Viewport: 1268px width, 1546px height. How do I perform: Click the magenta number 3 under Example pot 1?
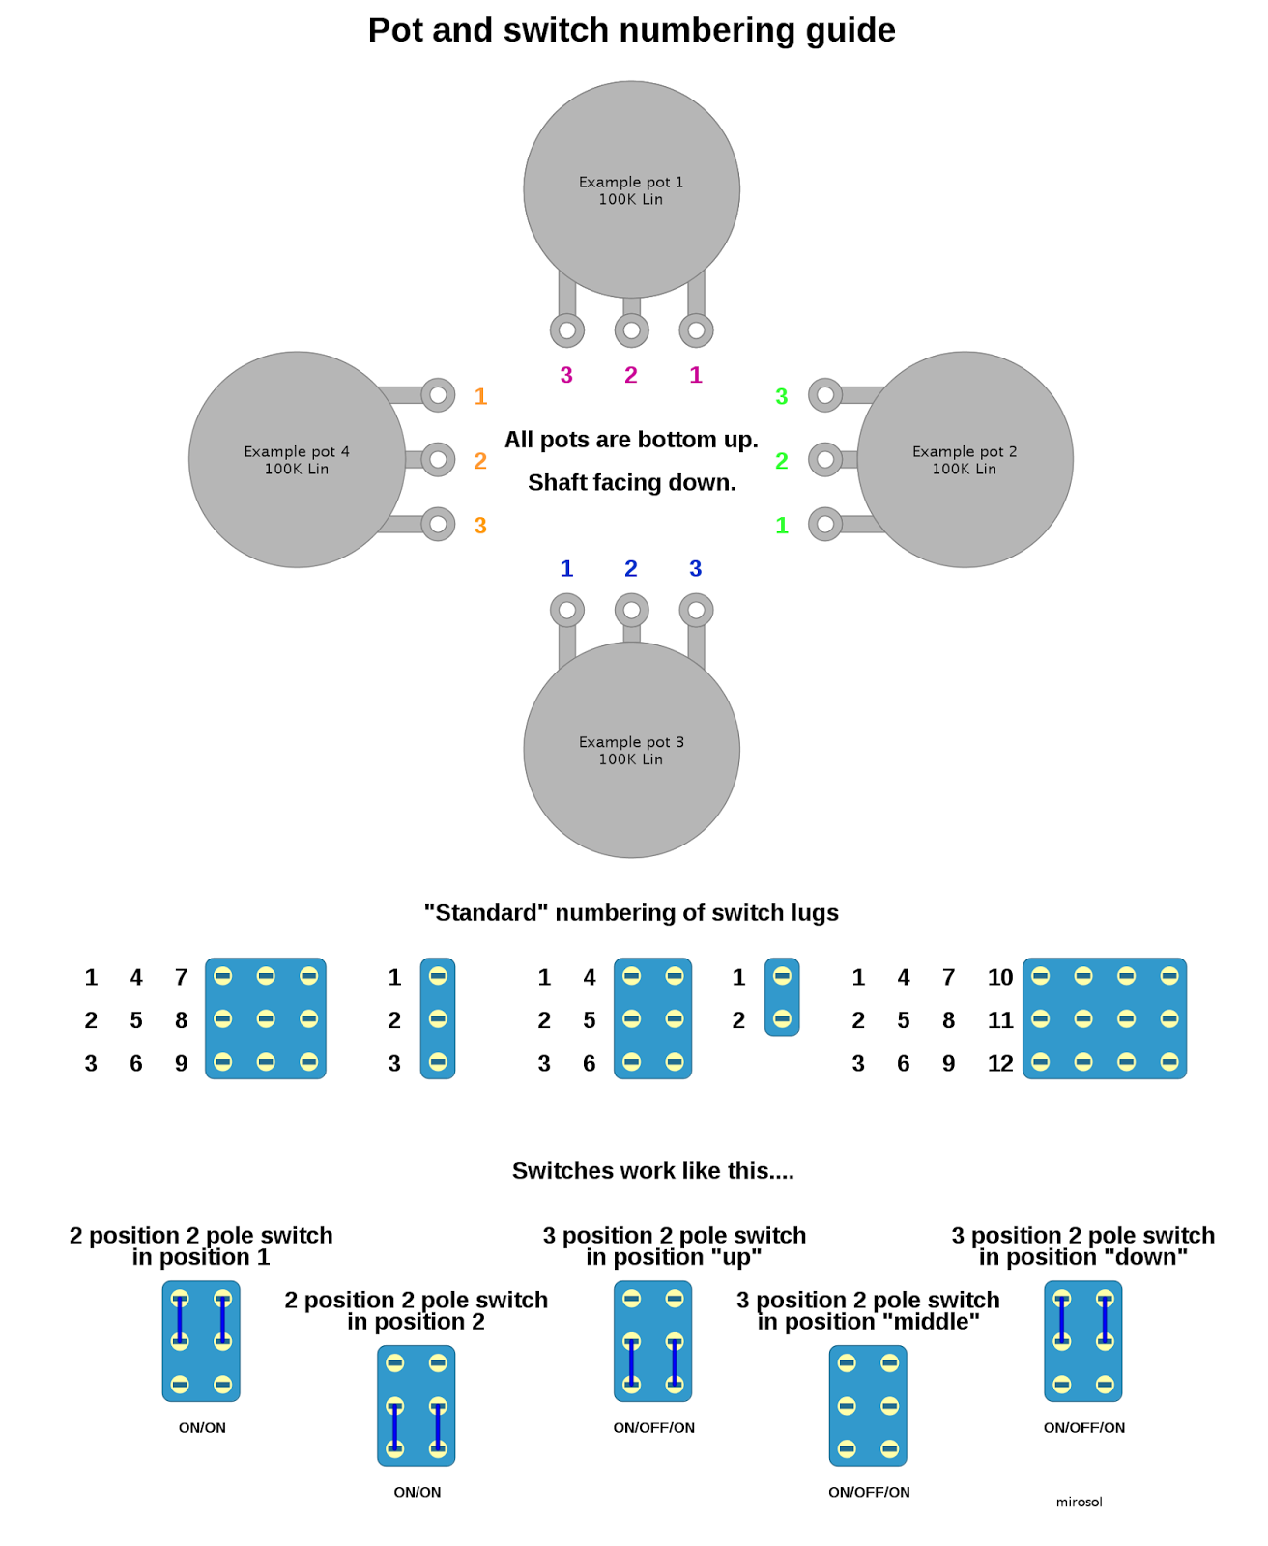coord(566,375)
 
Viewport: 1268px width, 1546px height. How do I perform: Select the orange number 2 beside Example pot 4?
coord(480,461)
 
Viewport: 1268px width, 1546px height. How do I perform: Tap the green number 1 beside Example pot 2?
coord(782,526)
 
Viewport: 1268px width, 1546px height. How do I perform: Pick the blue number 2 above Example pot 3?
coord(631,568)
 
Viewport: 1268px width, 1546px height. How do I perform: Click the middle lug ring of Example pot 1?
coord(631,330)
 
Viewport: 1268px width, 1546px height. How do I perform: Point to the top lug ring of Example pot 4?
coord(438,395)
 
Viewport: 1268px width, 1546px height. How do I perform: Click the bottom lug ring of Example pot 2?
coord(825,525)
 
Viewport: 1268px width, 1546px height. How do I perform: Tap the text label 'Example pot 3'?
coord(631,742)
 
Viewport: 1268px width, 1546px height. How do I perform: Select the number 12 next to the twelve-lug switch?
coord(1000,1064)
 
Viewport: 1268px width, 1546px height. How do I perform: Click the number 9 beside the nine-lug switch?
coord(181,1064)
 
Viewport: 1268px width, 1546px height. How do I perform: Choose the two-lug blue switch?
coord(782,997)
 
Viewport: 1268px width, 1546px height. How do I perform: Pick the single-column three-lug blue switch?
coord(438,1018)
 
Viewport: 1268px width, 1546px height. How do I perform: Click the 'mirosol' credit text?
coord(1079,1502)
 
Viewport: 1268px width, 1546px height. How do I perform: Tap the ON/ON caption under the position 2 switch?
coord(418,1492)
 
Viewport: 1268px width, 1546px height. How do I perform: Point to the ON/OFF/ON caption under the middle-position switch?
coord(869,1492)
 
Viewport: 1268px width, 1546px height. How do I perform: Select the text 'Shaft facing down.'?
coord(631,482)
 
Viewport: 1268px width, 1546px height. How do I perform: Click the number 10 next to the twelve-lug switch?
coord(1000,978)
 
